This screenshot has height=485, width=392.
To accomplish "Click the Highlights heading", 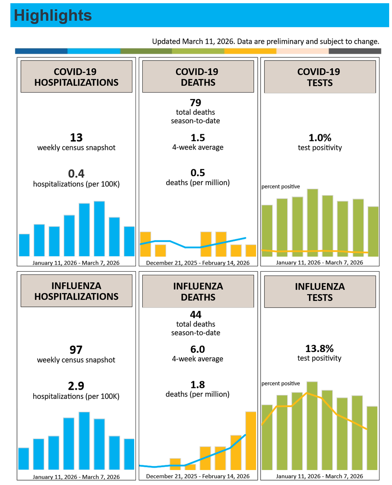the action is click(53, 15).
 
